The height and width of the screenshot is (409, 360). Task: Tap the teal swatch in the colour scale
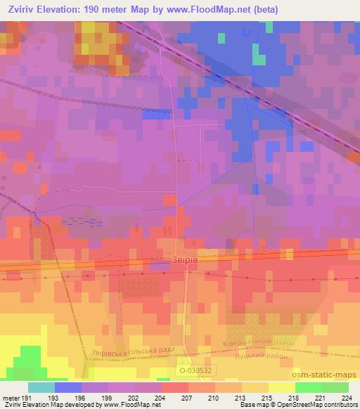(41, 387)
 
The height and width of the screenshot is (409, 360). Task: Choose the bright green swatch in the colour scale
(308, 387)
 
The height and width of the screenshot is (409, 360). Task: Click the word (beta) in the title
(265, 10)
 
